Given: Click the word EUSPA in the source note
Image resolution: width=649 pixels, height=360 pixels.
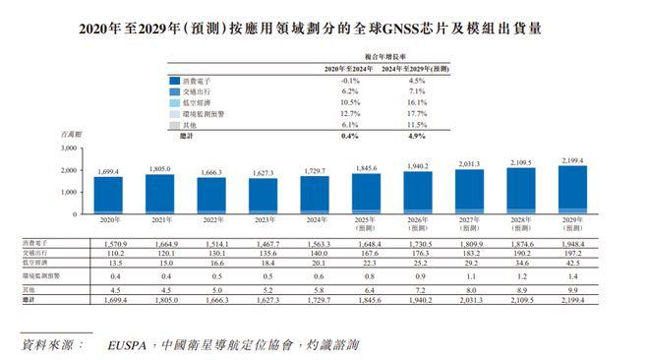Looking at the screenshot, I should tap(131, 345).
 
